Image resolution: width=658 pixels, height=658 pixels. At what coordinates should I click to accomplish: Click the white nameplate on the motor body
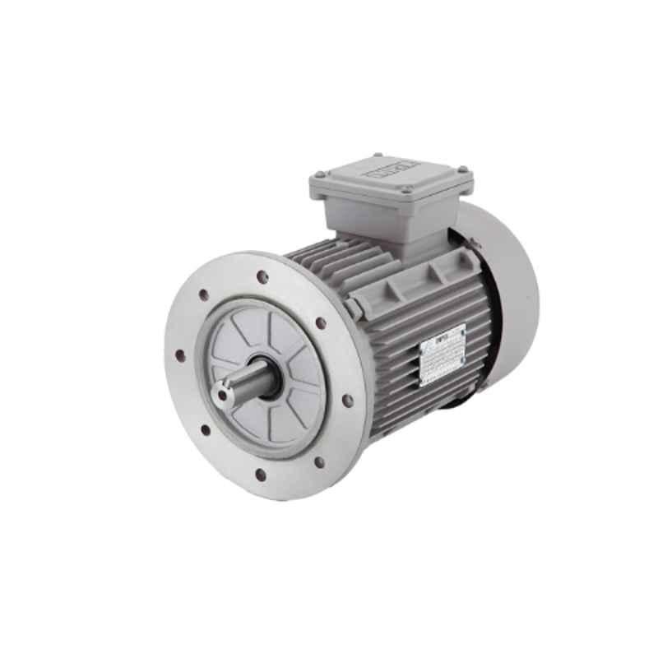(443, 354)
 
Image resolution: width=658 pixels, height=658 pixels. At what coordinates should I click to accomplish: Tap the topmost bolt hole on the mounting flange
(262, 276)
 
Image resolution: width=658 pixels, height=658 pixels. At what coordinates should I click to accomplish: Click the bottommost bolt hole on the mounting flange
(260, 475)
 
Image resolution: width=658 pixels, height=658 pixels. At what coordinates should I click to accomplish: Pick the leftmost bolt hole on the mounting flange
(179, 355)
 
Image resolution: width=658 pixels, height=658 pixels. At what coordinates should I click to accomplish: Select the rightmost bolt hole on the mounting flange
(348, 400)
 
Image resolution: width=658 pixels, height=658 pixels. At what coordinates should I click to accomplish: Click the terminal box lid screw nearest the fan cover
(462, 170)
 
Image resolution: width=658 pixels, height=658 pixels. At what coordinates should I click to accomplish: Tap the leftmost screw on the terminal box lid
(319, 174)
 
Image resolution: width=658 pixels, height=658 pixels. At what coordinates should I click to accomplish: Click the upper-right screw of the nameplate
(463, 327)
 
